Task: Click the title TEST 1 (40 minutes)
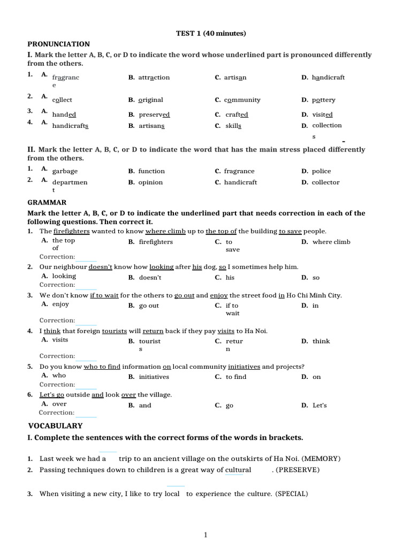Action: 211,33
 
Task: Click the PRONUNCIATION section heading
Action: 58,44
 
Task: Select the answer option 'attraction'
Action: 154,78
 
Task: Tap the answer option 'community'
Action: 242,100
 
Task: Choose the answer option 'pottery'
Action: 323,100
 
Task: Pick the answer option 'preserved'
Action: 154,115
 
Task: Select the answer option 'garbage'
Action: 65,171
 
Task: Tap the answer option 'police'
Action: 321,171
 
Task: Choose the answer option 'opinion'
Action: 150,182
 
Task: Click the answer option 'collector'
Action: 325,182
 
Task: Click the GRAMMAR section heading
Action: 47,202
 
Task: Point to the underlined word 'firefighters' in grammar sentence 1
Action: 72,231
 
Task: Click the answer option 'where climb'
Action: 331,242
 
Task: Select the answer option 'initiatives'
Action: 154,377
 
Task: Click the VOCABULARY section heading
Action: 55,426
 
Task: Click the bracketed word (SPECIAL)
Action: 292,494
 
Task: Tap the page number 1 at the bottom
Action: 205,535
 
